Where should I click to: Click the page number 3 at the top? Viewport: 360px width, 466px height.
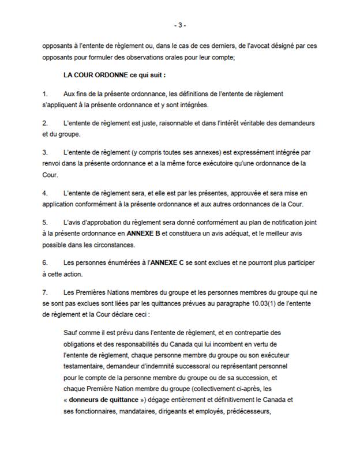tap(179, 25)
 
